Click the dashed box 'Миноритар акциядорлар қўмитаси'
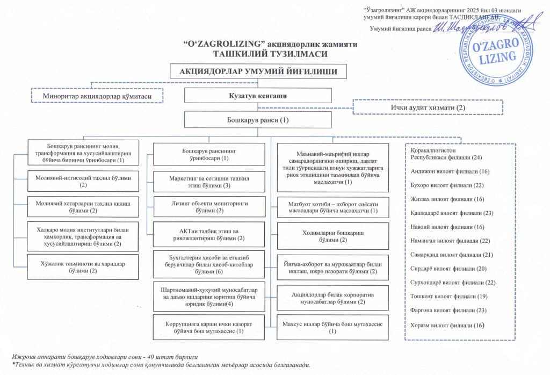97,96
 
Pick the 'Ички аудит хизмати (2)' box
427,107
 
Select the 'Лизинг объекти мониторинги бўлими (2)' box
209,207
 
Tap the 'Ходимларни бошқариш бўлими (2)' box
332,236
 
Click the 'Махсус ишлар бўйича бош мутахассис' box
332,328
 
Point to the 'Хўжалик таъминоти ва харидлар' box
83,267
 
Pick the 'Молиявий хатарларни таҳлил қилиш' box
83,207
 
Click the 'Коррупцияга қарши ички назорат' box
209,328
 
